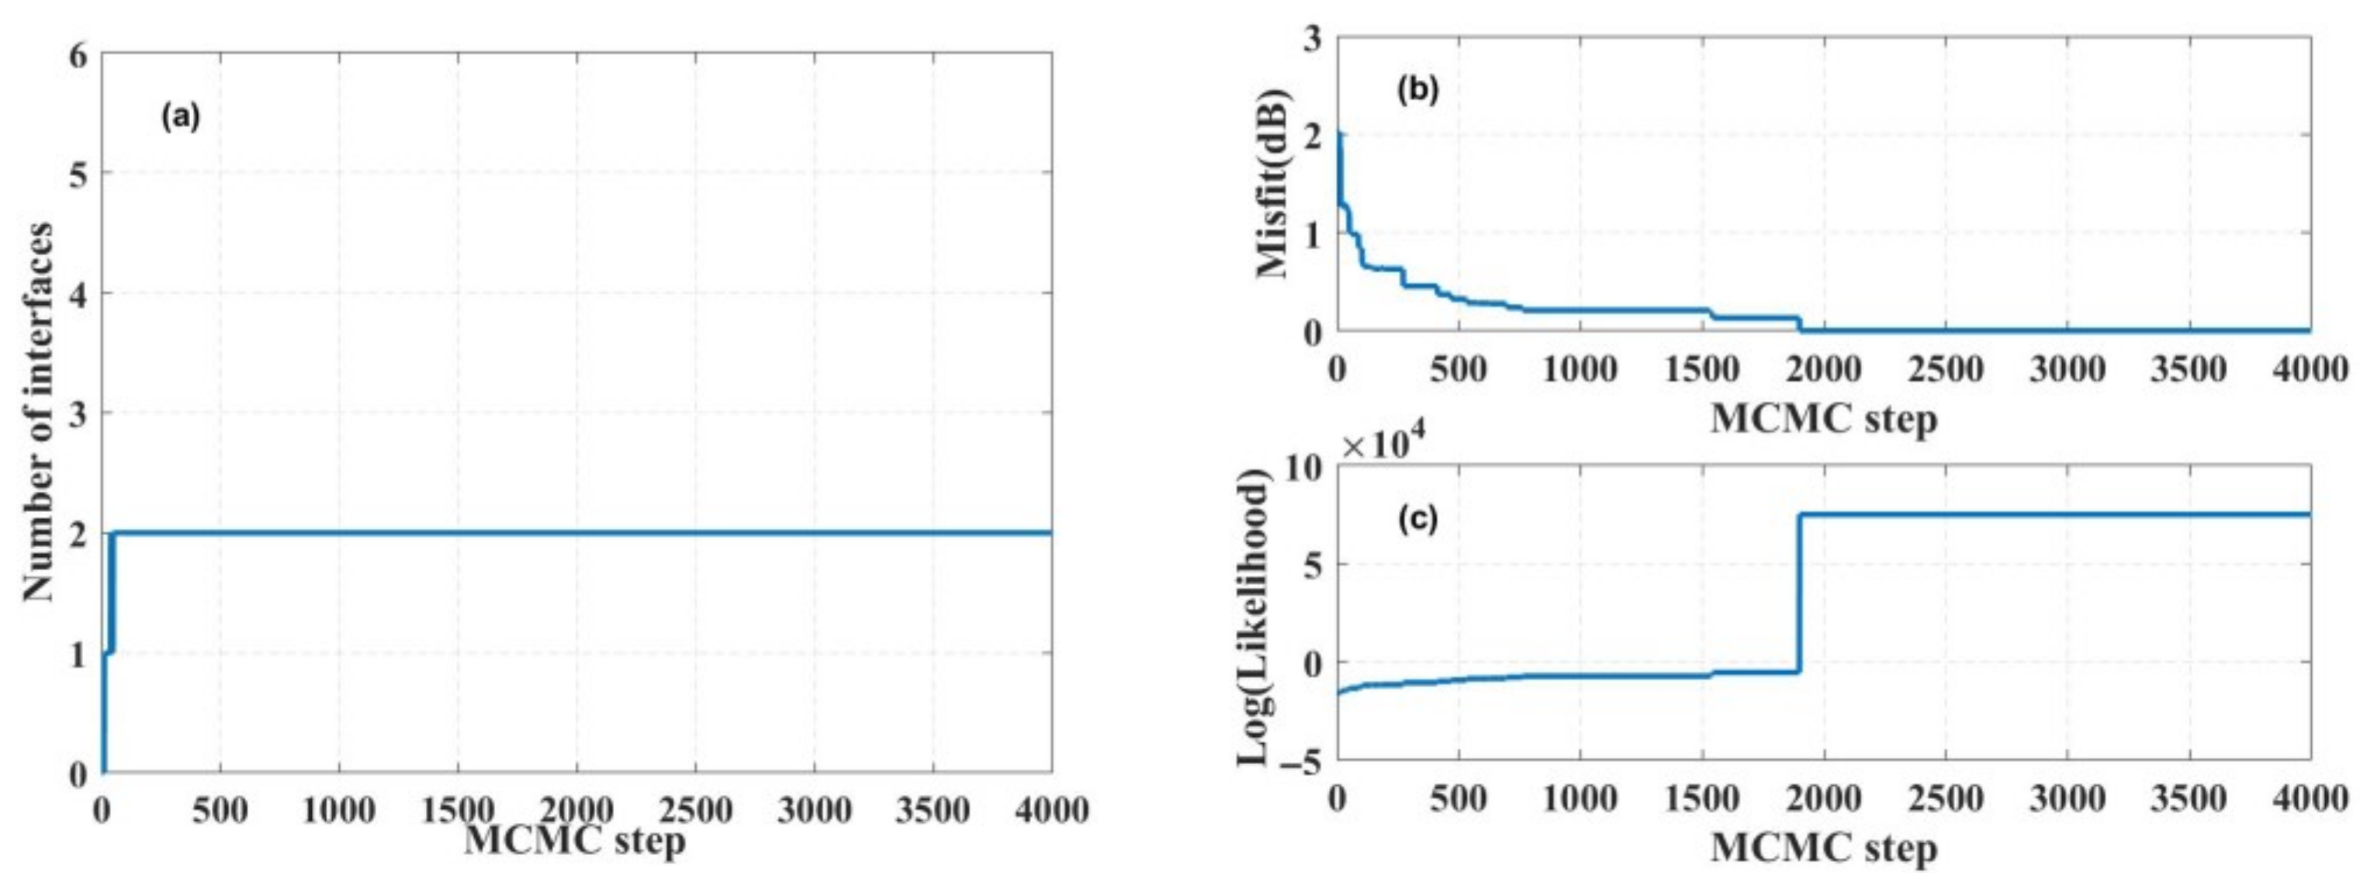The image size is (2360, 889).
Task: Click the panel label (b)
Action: point(1418,90)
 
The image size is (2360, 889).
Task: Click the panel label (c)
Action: point(1418,520)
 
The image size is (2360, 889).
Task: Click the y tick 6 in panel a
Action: point(79,55)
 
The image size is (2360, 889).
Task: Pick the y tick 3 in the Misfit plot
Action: point(1313,39)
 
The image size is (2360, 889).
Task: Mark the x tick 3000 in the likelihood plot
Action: point(2067,799)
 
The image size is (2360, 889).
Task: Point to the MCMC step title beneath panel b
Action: point(1823,420)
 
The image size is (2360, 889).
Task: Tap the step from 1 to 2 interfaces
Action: point(111,591)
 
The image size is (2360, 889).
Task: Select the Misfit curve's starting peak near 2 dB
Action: point(1339,137)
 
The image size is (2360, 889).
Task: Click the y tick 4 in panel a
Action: point(79,294)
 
